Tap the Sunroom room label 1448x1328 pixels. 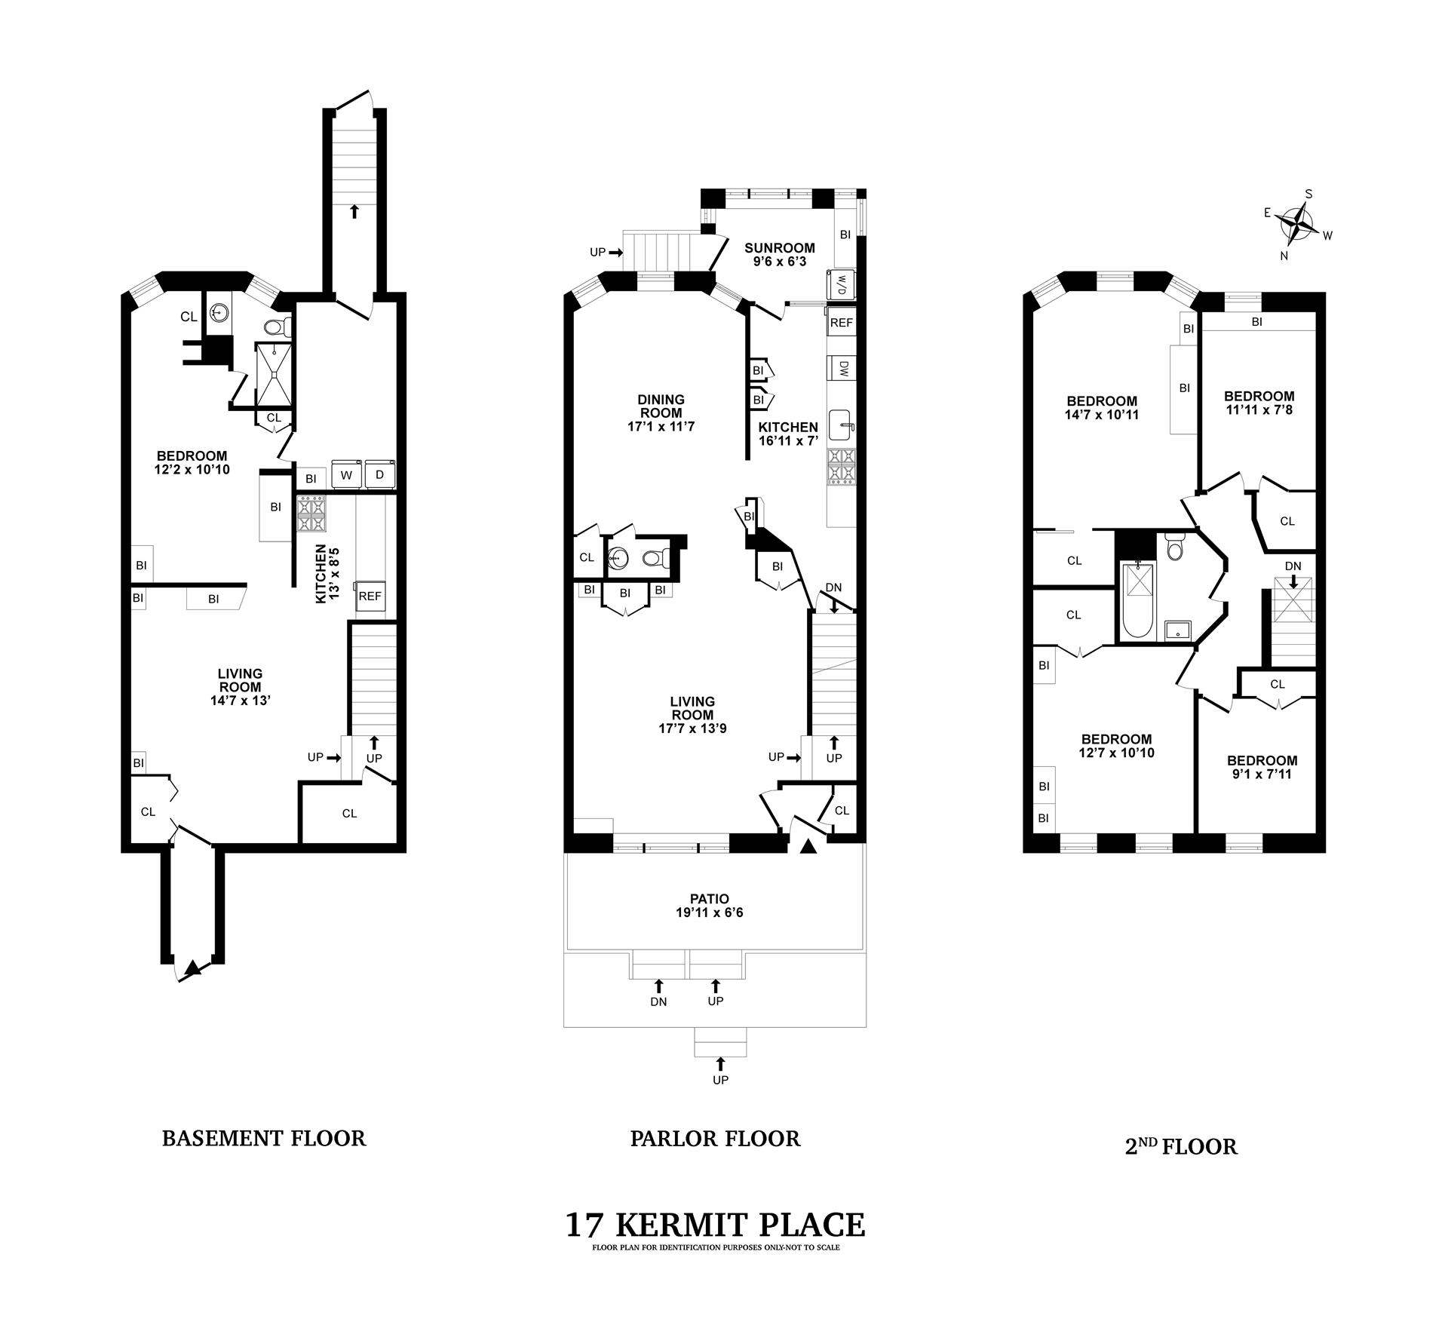(x=779, y=254)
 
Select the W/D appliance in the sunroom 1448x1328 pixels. (x=842, y=284)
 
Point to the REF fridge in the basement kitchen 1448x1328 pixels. (x=370, y=596)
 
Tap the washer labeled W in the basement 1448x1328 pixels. (x=346, y=475)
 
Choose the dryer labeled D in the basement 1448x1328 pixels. (x=379, y=475)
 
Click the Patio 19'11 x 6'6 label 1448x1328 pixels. (x=710, y=906)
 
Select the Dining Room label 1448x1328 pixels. (x=661, y=413)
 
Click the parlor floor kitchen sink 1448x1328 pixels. (x=842, y=426)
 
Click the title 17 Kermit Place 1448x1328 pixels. (x=715, y=1225)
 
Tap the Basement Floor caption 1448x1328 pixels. (x=264, y=1138)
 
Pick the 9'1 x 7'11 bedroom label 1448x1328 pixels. (x=1262, y=768)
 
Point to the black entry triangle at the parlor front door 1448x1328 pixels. (x=808, y=847)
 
